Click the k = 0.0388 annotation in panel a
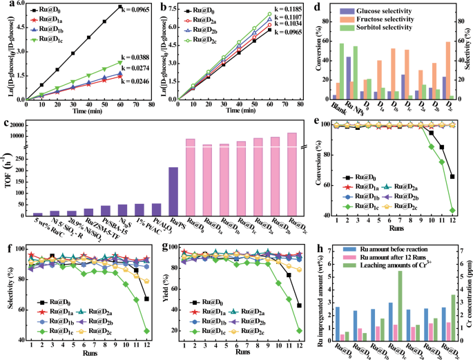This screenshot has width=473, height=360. pos(142,57)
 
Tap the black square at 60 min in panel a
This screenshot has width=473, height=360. pos(120,7)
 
